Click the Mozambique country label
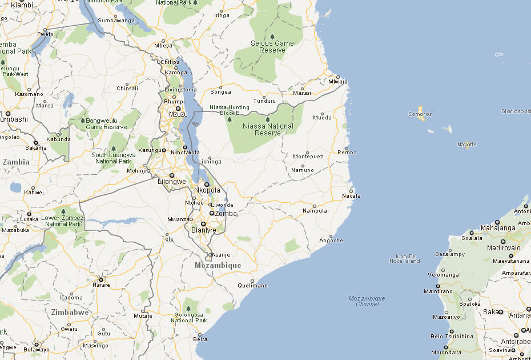[218, 266]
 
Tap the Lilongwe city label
[172, 182]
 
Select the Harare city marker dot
[101, 279]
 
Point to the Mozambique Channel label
[367, 301]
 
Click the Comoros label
[420, 114]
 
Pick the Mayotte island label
[466, 145]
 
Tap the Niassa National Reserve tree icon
[268, 119]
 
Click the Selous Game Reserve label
[272, 46]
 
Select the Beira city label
[200, 339]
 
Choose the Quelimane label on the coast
[252, 285]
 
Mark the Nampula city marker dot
[315, 206]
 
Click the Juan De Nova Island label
[404, 258]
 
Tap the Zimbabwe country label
[70, 313]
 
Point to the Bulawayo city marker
[37, 344]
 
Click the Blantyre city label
[204, 230]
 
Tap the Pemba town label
[347, 153]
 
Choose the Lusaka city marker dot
[29, 214]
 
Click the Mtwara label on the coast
[338, 82]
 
